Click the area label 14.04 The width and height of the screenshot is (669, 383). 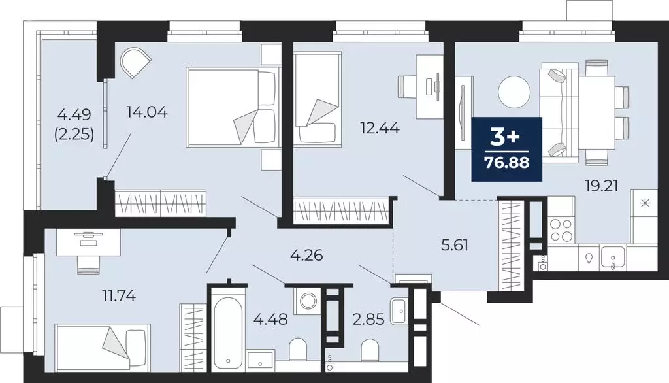tap(147, 112)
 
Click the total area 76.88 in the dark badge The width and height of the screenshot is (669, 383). tap(507, 161)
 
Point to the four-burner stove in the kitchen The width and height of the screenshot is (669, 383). tap(561, 228)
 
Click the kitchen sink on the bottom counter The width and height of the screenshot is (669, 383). tap(612, 258)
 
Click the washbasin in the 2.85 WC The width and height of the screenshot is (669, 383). tap(399, 310)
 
